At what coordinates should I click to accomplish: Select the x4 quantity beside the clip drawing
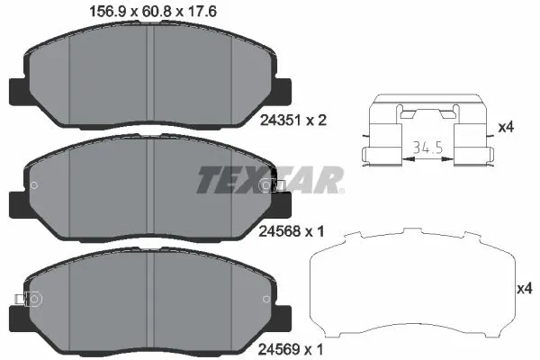tap(506, 128)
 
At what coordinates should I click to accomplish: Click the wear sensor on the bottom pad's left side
tap(21, 299)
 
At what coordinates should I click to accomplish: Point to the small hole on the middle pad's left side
tap(34, 186)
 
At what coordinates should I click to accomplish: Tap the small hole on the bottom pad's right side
tap(265, 299)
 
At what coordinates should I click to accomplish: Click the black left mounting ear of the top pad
tap(18, 90)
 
